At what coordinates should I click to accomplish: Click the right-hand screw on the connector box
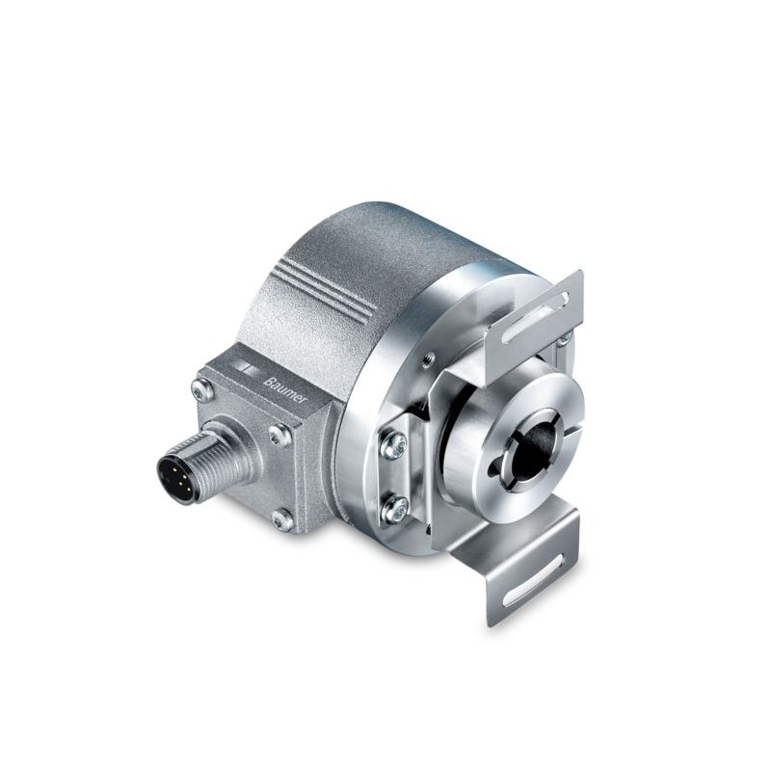click(x=280, y=436)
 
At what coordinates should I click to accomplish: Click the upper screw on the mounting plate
click(x=393, y=445)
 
